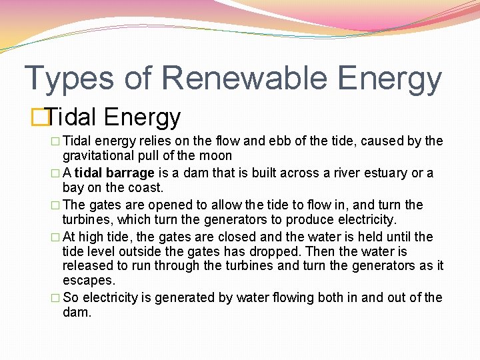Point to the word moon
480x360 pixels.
(217, 156)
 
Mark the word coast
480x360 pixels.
(147, 188)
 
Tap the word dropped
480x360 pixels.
(278, 252)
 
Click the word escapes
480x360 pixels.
(89, 281)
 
